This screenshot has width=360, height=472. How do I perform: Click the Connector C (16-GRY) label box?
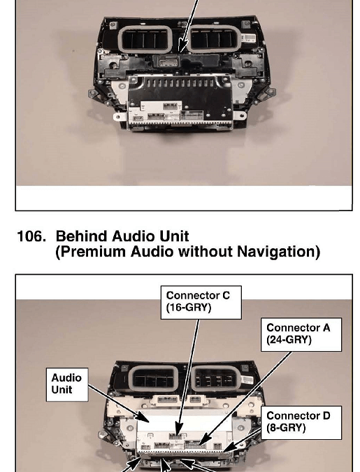coord(201,302)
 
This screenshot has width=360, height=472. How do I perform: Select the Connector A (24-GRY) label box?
coord(301,334)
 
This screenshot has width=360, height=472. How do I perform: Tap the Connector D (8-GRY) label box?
coord(301,422)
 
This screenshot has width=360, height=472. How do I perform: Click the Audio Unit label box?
coord(67,385)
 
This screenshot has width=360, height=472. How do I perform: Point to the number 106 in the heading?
coord(31,236)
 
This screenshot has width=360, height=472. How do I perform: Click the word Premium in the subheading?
coord(93,252)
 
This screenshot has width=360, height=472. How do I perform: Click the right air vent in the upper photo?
coord(215,38)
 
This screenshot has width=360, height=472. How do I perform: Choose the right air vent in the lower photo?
coord(215,378)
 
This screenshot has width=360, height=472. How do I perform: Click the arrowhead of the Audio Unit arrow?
coord(144,417)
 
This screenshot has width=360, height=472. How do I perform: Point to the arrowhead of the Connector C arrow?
coord(178,429)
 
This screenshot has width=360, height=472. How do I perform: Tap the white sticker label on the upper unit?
coord(248,38)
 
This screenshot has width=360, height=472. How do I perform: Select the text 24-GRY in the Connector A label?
coord(291,340)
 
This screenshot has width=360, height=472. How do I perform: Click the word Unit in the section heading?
coord(174,236)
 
